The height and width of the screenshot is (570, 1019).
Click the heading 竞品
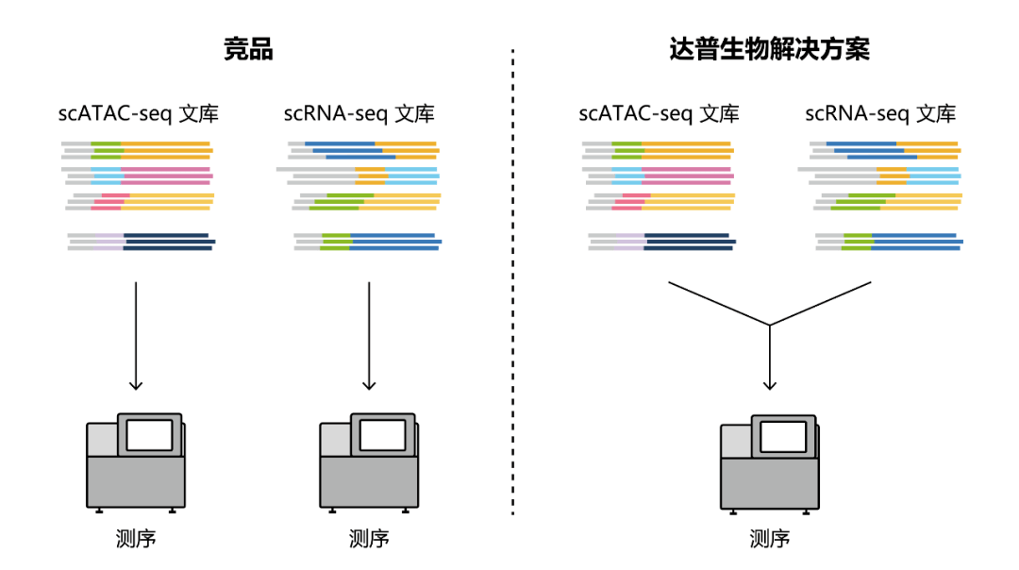click(248, 49)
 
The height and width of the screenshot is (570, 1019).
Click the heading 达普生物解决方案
click(770, 49)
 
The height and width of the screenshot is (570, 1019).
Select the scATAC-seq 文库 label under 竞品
click(139, 114)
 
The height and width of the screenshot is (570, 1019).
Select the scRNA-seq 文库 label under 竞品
click(359, 114)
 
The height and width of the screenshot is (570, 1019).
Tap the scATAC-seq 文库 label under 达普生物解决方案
click(659, 114)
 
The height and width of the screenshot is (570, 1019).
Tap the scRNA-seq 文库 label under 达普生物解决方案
click(879, 114)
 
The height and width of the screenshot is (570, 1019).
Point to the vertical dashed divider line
click(513, 283)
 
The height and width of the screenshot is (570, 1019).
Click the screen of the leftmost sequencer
click(149, 435)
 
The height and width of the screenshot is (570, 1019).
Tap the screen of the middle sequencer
click(382, 435)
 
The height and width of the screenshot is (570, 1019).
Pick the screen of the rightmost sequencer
click(783, 436)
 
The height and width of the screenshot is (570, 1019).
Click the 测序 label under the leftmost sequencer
click(136, 539)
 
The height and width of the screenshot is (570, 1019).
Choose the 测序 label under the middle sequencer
click(369, 539)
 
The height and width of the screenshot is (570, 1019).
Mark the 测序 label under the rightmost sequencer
click(770, 539)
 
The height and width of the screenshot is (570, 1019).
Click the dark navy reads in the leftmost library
click(166, 242)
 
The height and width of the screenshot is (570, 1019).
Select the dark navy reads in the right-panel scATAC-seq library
click(687, 242)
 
